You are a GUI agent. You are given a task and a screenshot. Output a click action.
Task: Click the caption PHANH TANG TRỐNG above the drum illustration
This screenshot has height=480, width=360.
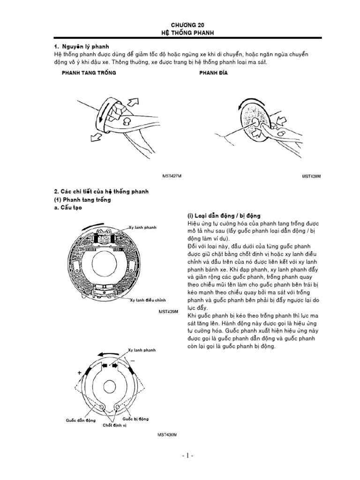point(89,74)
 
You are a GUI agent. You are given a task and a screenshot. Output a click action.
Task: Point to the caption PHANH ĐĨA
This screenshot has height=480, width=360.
point(213,74)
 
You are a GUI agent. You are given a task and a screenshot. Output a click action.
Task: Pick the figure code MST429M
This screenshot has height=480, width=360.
point(168,311)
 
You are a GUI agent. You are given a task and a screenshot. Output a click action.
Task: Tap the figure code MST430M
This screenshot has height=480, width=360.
point(167,435)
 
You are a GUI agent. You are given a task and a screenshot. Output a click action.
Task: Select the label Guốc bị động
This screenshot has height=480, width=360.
point(135,418)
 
